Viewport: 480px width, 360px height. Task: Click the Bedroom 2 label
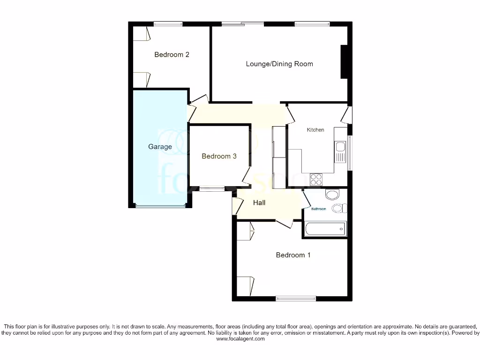point(172,55)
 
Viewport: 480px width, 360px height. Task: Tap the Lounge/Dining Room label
point(279,64)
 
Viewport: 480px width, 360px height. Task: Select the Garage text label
point(160,147)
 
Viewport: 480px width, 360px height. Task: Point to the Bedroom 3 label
point(219,156)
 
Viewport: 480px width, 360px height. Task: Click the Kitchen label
point(315,130)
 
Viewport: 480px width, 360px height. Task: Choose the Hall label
point(259,202)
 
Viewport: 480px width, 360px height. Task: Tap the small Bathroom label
point(319,209)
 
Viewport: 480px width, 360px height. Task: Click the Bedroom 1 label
point(293,255)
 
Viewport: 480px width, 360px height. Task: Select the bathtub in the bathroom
point(325,229)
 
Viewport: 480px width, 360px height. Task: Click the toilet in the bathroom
point(338,208)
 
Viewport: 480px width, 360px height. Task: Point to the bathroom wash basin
point(332,194)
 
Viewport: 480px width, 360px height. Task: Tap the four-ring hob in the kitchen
point(316,180)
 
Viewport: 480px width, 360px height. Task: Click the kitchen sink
point(340,150)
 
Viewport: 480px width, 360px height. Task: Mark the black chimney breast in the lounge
point(344,61)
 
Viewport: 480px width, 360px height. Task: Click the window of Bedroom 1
point(296,298)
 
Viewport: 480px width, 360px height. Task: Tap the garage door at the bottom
point(160,206)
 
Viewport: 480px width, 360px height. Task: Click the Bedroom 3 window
point(211,189)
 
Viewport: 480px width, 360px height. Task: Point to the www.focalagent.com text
point(240,339)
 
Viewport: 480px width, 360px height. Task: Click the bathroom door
point(306,200)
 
